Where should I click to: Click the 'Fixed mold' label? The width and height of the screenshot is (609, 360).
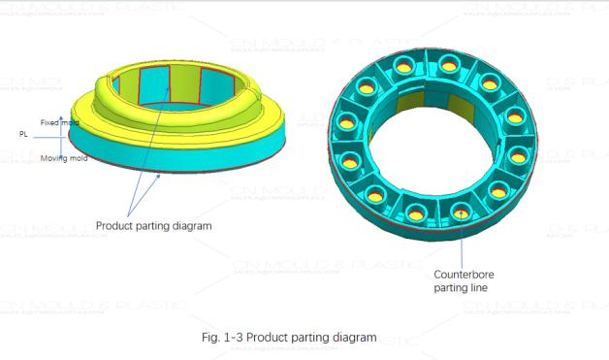tap(58, 122)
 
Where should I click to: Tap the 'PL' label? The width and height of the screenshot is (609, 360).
tap(22, 134)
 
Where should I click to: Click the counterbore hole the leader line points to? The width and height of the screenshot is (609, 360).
tap(460, 212)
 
